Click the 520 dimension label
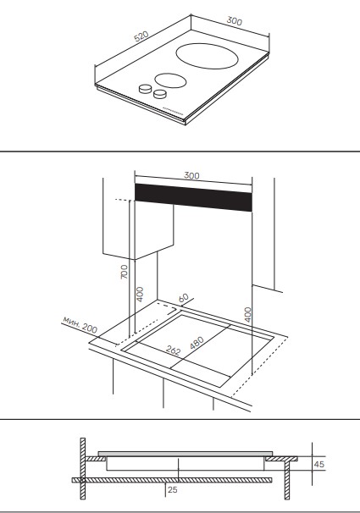(x=141, y=36)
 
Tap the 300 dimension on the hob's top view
(x=235, y=21)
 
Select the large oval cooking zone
(x=207, y=56)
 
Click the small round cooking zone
(x=170, y=80)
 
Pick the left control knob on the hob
(x=146, y=89)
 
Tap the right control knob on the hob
(x=160, y=94)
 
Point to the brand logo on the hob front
(x=173, y=112)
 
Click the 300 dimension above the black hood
(x=191, y=176)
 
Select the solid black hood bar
(x=193, y=197)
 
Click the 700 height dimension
(x=125, y=272)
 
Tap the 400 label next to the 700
(x=140, y=294)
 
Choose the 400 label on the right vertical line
(x=248, y=314)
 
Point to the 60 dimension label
(x=184, y=298)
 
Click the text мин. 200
(x=80, y=324)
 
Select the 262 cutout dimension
(x=173, y=350)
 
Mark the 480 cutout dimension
(x=197, y=343)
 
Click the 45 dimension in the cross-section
(x=319, y=464)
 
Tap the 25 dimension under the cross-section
(x=173, y=490)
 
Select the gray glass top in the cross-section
(x=186, y=454)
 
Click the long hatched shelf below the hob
(x=172, y=480)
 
